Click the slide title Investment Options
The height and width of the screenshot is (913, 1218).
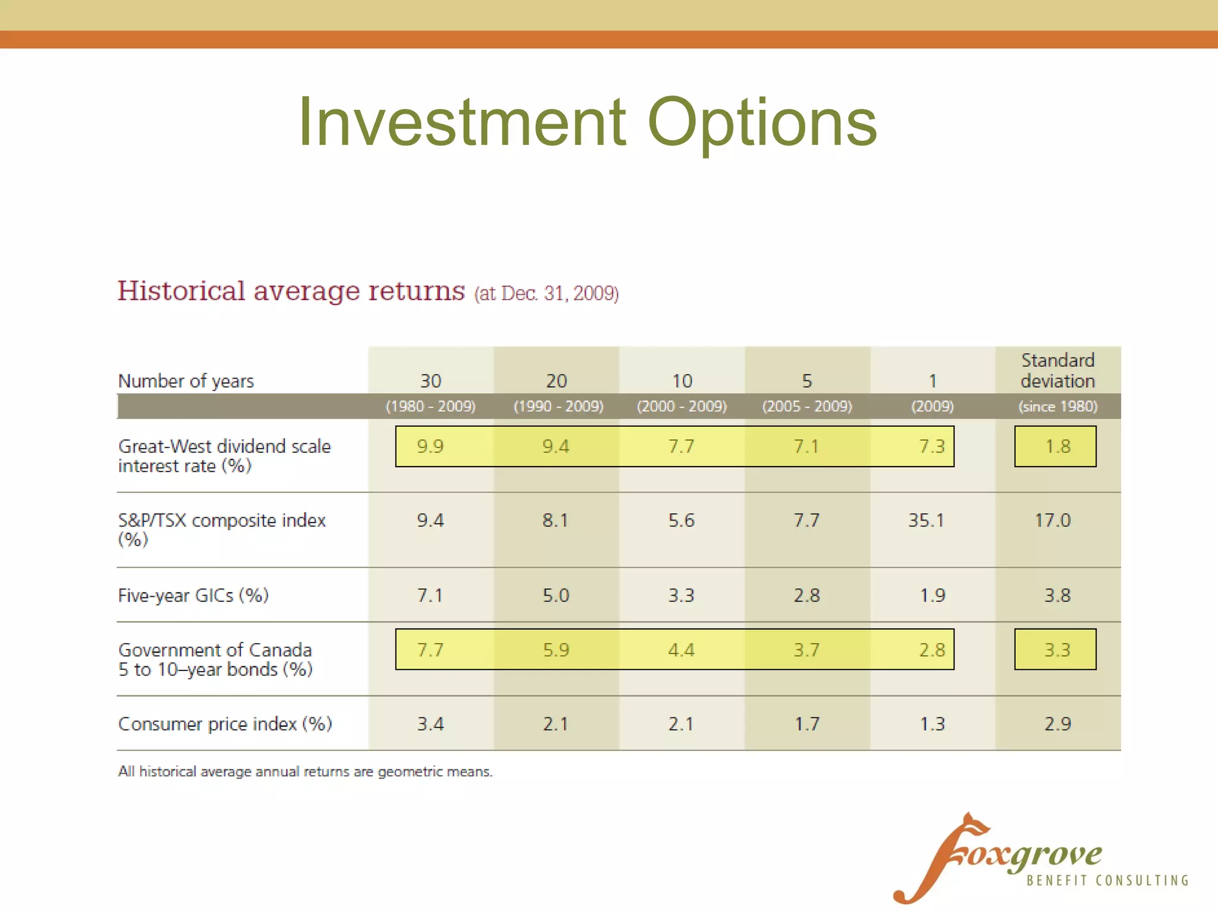[x=587, y=122]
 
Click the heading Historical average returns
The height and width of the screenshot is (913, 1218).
[x=291, y=291]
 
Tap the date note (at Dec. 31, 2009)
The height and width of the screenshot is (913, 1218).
[x=546, y=293]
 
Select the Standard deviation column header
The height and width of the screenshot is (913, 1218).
[x=1057, y=370]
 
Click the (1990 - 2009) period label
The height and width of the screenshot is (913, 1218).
[x=558, y=407]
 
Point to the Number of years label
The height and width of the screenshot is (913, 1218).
[x=186, y=381]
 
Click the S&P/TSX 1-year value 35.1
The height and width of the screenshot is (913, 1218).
[x=925, y=521]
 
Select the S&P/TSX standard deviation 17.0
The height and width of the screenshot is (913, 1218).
[x=1052, y=521]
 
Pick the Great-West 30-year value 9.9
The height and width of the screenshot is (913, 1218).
[x=430, y=446]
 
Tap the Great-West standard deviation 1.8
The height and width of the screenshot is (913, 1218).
[x=1057, y=446]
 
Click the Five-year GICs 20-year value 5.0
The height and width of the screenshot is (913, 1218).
[x=555, y=596]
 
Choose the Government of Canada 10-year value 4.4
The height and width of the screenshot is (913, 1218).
[x=681, y=650]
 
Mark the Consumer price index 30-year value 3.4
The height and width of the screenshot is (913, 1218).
[x=430, y=724]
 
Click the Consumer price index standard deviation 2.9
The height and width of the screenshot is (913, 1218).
[x=1057, y=724]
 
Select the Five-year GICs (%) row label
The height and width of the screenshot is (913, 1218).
[x=193, y=596]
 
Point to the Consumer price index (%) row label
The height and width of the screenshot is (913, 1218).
[x=225, y=724]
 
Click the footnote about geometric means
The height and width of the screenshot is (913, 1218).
[x=305, y=772]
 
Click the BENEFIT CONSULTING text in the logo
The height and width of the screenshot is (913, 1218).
[x=1107, y=881]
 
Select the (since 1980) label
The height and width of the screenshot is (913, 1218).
[x=1057, y=407]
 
